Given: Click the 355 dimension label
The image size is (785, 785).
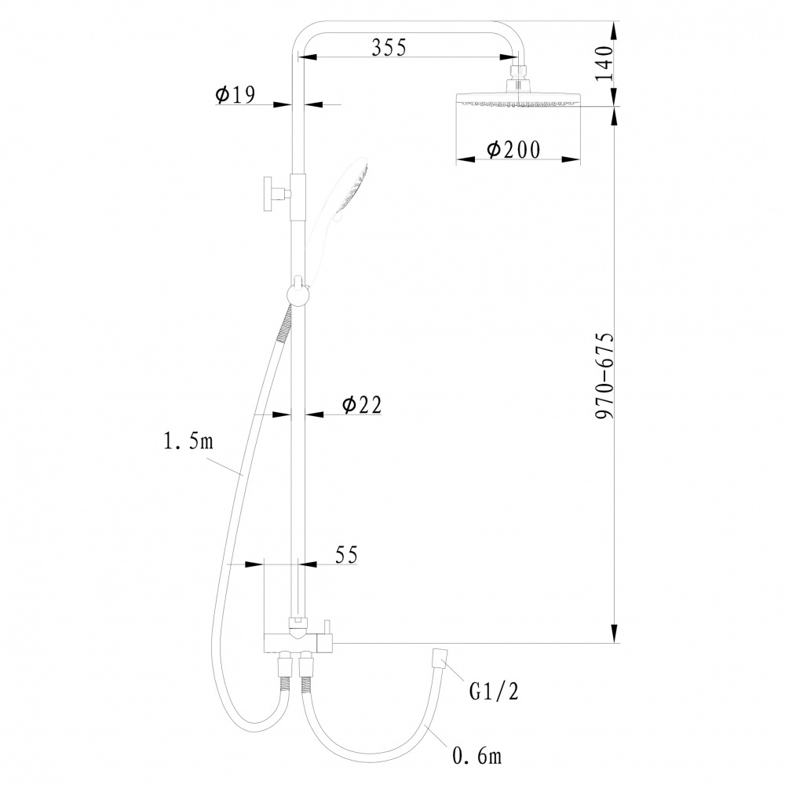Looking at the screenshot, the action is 389,47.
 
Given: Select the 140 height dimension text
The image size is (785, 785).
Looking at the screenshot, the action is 604,63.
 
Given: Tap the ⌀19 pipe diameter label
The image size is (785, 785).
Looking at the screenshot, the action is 235,94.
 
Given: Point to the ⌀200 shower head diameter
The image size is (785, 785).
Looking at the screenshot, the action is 514,149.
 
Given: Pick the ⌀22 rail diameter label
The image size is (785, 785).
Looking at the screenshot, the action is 361,404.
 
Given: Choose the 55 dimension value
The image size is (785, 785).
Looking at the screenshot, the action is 346,555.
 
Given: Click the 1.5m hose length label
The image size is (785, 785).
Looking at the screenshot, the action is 188,441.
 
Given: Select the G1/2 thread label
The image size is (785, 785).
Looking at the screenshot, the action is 494,692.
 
